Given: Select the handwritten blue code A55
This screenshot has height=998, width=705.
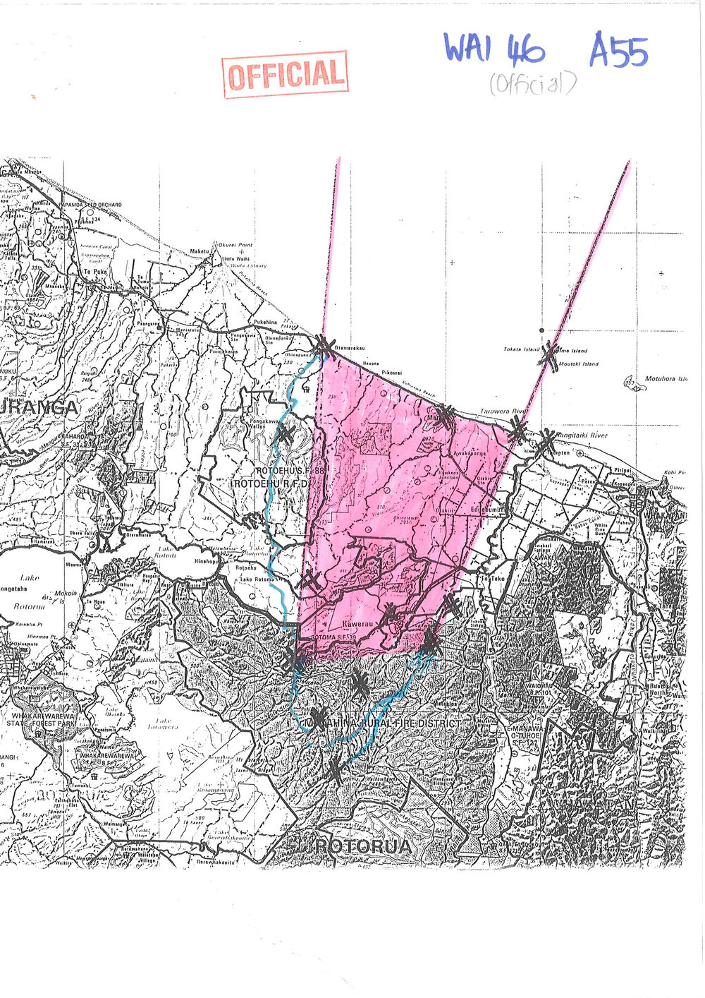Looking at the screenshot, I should click(618, 51).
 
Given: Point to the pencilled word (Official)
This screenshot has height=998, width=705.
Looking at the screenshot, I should click(532, 85).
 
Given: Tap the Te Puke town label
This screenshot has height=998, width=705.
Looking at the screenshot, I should click(94, 272).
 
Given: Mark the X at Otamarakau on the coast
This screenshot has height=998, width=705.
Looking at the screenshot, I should click(324, 346).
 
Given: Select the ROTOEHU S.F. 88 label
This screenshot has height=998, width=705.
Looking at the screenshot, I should click(282, 470).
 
